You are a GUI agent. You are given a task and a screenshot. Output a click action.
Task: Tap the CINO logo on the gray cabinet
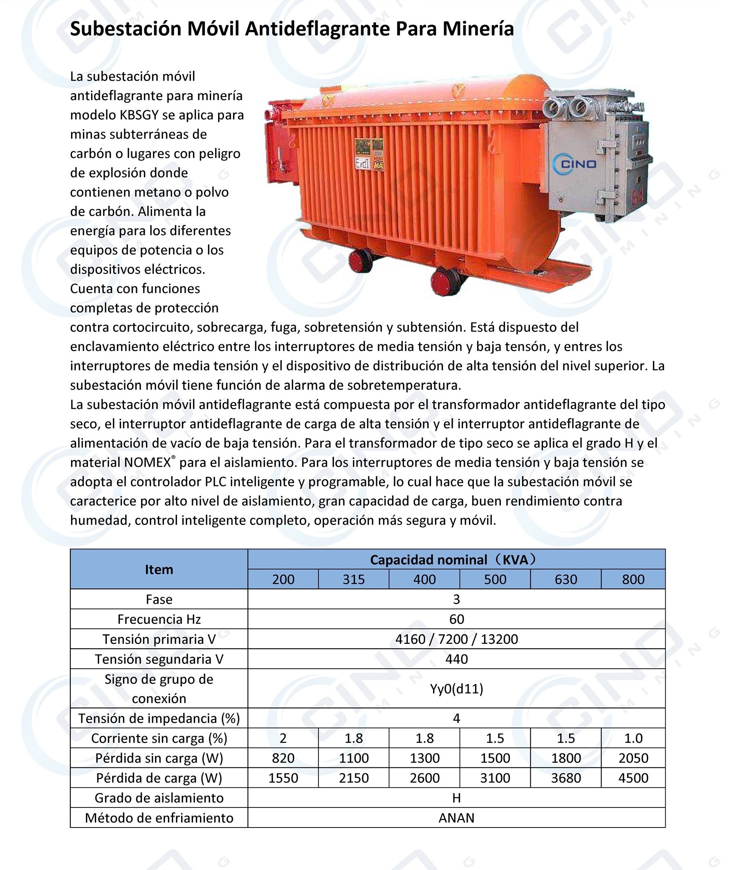point(574,164)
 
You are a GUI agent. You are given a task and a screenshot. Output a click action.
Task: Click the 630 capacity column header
point(565,579)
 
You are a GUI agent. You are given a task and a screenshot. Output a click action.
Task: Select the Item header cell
point(159,569)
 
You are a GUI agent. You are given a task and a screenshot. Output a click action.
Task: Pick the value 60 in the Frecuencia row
point(456,619)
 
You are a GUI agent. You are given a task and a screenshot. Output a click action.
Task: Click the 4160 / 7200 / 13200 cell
point(456,639)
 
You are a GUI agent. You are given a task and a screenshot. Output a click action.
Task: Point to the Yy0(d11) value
point(456,688)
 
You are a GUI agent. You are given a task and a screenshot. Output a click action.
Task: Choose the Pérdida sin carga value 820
point(283,758)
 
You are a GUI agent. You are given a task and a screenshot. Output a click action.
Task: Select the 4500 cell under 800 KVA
point(633,778)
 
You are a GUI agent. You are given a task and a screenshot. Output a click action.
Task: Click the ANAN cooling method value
point(456,818)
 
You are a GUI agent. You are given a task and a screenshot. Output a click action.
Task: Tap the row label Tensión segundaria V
point(159,659)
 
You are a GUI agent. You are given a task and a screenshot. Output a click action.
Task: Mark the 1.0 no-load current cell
point(633,738)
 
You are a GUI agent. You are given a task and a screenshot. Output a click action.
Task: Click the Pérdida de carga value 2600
point(424,778)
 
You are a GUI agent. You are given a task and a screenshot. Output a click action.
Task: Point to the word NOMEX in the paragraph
point(147,462)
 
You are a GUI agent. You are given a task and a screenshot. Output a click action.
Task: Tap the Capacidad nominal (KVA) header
point(453,560)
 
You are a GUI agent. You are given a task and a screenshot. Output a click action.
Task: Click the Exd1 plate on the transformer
point(362,164)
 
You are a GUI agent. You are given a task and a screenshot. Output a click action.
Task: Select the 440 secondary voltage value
point(456,659)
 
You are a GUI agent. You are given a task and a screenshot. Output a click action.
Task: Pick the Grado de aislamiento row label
point(159,798)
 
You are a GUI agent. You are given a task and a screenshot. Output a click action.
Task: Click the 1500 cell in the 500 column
point(495,758)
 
